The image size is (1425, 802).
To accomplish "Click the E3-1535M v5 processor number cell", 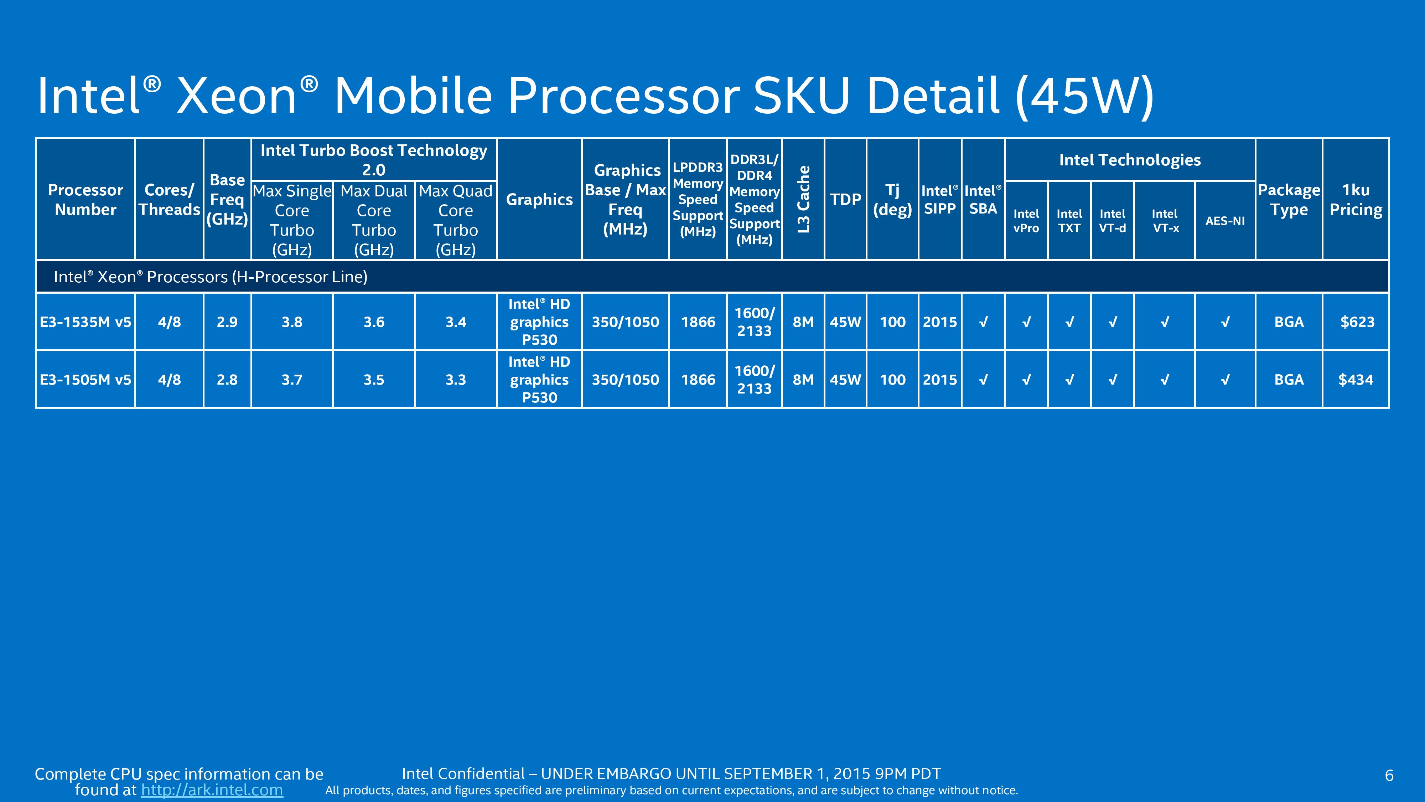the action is point(85,322).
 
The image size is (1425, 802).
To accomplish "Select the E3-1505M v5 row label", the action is point(85,380).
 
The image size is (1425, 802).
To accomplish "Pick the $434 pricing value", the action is point(1356,380).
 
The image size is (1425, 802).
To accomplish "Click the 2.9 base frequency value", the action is point(227,322).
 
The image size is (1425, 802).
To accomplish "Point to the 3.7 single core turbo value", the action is point(292,380).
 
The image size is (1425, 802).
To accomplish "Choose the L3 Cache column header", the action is point(803,199).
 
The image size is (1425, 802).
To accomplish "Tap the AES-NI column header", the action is point(1225,221).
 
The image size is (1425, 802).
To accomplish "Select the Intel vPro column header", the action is point(1026,221).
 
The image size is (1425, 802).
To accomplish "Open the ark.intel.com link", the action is point(212,790).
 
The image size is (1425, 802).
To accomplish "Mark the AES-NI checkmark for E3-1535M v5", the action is point(1225,322).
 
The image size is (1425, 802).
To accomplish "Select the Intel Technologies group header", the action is point(1130,160).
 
